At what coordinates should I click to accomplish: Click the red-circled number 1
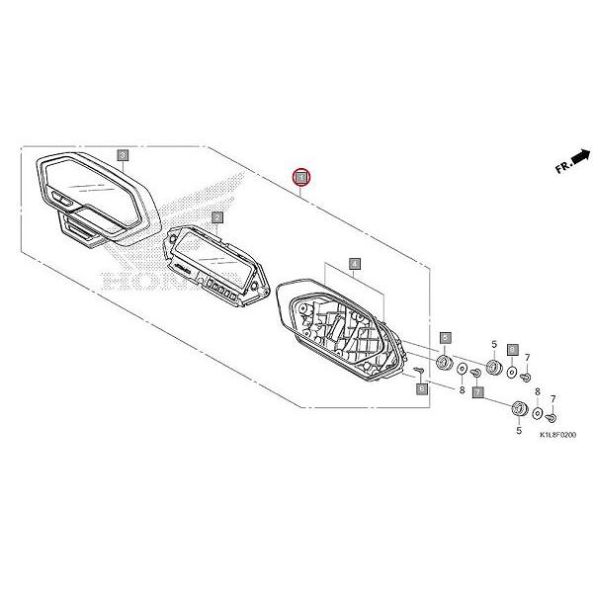coord(301,177)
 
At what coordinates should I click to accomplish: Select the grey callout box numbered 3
coord(122,155)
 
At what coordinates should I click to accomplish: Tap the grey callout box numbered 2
coord(216,216)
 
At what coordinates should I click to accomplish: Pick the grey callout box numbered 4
coord(355,265)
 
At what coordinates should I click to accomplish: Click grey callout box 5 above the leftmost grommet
coord(445,338)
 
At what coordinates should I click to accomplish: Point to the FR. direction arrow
coord(572,161)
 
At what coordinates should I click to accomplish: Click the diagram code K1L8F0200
coord(556,435)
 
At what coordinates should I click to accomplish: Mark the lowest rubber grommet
coord(517,409)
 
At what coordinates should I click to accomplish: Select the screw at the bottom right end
coord(552,419)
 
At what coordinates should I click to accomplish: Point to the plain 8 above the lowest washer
coord(537,392)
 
